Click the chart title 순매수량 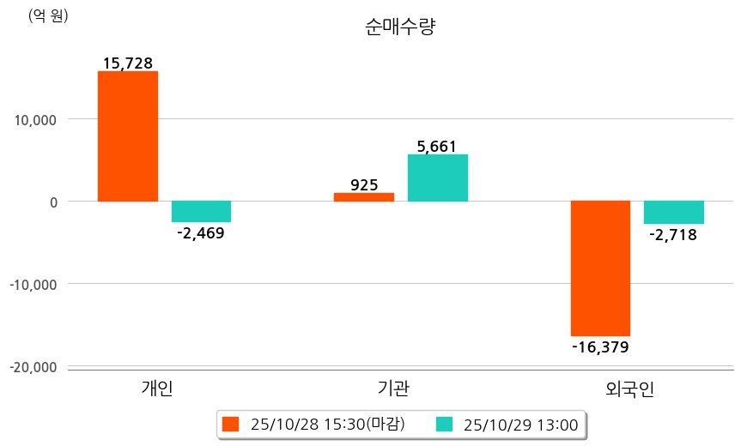[x=400, y=27]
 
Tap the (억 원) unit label [x=48, y=15]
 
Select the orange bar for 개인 [x=128, y=136]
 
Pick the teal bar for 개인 [x=201, y=211]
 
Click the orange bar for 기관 [x=363, y=196]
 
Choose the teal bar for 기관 [x=437, y=178]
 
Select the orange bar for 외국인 [x=600, y=268]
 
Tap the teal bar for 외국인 [x=673, y=212]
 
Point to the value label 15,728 [x=128, y=63]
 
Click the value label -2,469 [x=200, y=232]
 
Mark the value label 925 [x=364, y=184]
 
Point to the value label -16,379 [x=600, y=347]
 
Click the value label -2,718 [x=673, y=234]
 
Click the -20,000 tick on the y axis [x=33, y=367]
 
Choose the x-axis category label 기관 [x=393, y=389]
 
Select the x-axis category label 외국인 [x=629, y=389]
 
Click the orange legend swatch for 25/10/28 [x=230, y=424]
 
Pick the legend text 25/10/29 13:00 [x=519, y=424]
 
